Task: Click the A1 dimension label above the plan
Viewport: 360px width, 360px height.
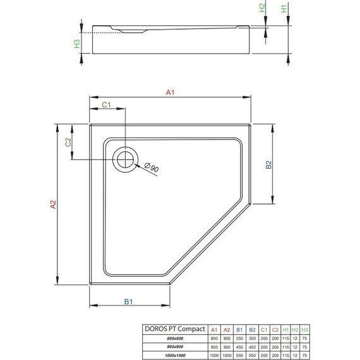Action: tap(169, 93)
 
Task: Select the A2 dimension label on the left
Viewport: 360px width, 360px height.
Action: tap(53, 204)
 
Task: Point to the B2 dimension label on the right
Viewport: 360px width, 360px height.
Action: tap(268, 166)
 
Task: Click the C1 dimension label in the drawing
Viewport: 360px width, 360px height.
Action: tap(107, 105)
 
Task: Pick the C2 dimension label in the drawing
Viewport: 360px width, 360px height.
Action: tap(68, 143)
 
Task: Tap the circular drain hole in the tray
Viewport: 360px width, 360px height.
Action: tap(125, 158)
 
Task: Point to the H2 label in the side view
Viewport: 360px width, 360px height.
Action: tap(262, 9)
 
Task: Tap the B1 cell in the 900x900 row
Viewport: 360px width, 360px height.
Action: tap(239, 346)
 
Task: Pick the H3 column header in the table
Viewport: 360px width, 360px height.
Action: tap(305, 329)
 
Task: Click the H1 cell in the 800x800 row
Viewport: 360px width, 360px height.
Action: tap(285, 339)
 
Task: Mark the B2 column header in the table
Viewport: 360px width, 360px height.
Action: tap(251, 329)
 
